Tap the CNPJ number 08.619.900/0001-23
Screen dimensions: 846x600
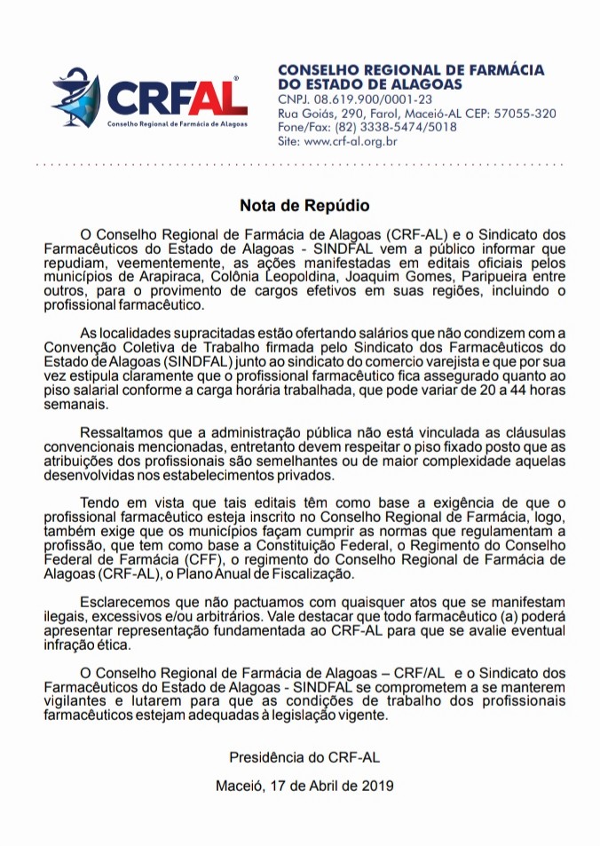(x=365, y=99)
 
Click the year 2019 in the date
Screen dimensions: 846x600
(x=377, y=786)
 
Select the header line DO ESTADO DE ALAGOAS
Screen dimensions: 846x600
(x=370, y=83)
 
